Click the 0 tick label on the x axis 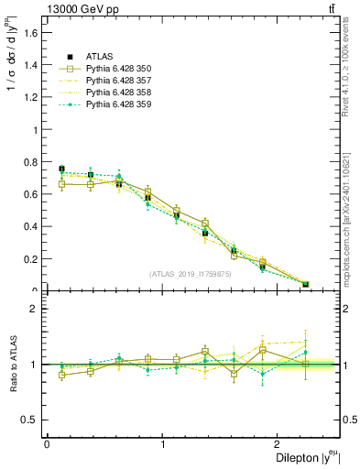pyautogui.click(x=47, y=443)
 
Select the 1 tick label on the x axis pyautogui.click(x=163, y=443)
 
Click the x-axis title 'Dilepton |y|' pyautogui.click(x=302, y=458)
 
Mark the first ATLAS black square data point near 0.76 pyautogui.click(x=61, y=169)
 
